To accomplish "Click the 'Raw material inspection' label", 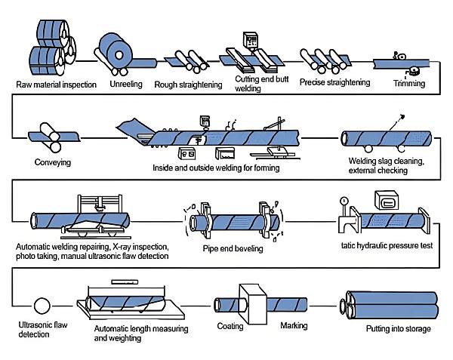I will click(x=56, y=85).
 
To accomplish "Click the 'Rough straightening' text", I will click(x=188, y=85).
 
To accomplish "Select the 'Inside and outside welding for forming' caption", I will click(x=226, y=168).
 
